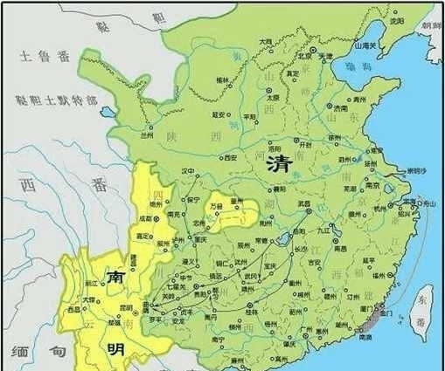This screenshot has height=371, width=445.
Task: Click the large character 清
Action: pos(279,162)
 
